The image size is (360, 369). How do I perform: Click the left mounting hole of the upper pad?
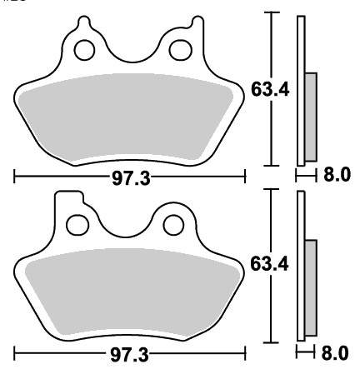click(x=84, y=50)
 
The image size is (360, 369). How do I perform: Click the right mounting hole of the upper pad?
click(x=181, y=50)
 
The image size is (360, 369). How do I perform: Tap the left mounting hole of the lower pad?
click(x=77, y=225)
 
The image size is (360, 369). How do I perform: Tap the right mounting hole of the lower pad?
click(x=173, y=225)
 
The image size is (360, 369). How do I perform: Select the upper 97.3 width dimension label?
click(x=131, y=178)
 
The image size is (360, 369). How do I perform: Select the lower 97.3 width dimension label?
click(x=129, y=355)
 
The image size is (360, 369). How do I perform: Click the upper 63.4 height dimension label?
click(x=270, y=89)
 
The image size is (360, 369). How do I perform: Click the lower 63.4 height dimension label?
click(x=269, y=264)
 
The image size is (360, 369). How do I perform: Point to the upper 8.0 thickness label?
click(x=337, y=175)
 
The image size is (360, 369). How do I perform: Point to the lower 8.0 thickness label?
click(x=335, y=353)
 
